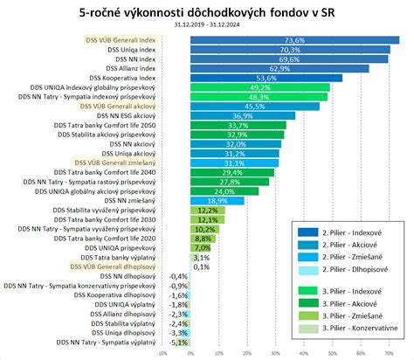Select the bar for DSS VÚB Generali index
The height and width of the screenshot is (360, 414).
(294, 40)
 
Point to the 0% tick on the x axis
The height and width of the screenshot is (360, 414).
(190, 353)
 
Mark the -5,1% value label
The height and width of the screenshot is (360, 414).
(178, 342)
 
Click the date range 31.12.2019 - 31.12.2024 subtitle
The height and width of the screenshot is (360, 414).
(208, 25)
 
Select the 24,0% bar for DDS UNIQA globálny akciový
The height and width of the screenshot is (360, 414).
(224, 190)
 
